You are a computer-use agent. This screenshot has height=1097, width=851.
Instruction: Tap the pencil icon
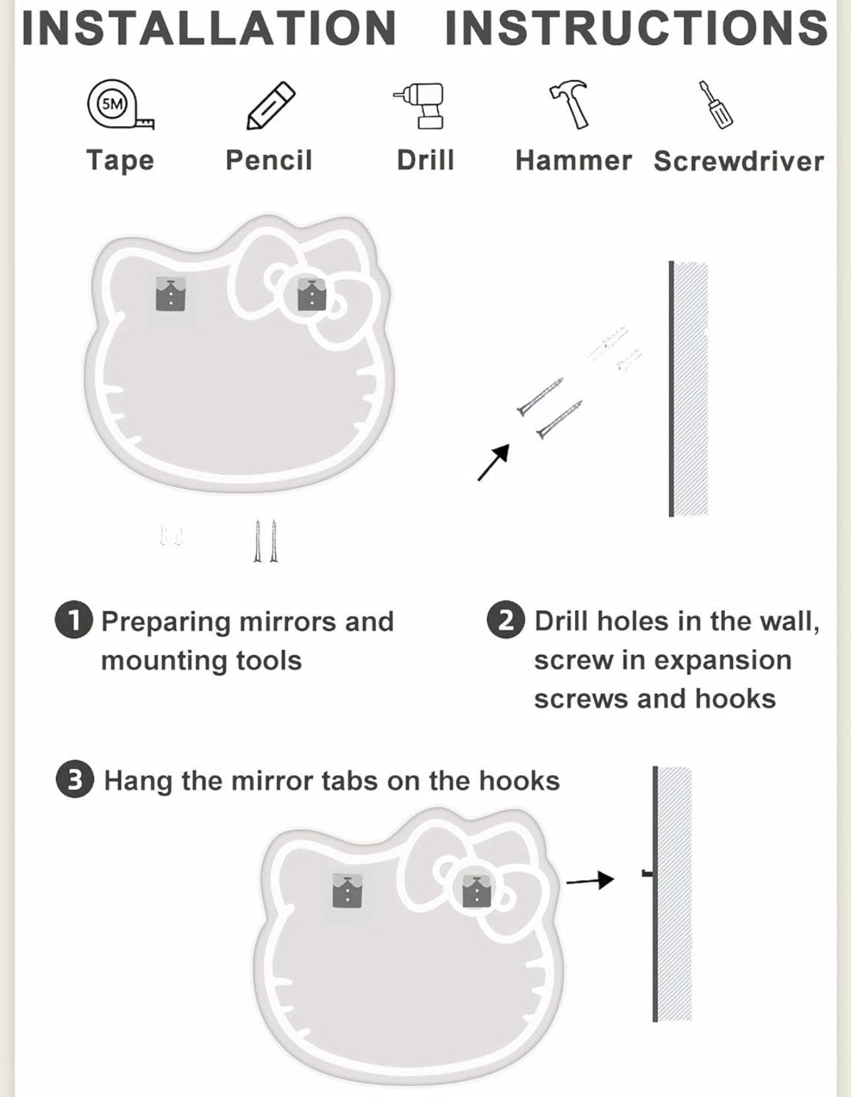click(270, 106)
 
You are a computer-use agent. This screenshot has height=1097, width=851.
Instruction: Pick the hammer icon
click(571, 104)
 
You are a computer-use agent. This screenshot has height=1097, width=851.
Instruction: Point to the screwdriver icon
click(716, 105)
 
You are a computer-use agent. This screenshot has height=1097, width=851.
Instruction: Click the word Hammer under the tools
click(573, 161)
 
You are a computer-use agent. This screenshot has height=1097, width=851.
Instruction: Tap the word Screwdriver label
click(739, 162)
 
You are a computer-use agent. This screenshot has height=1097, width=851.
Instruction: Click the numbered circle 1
click(74, 621)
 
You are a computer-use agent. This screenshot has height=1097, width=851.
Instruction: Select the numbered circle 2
click(506, 621)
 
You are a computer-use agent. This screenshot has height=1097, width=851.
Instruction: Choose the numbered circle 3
click(75, 780)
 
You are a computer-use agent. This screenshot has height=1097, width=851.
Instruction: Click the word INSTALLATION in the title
click(209, 28)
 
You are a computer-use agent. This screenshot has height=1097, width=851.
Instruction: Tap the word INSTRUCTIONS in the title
click(636, 28)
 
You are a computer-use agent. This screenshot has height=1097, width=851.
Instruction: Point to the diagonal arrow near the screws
click(493, 462)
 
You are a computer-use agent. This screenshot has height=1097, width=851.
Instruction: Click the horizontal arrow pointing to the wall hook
click(590, 880)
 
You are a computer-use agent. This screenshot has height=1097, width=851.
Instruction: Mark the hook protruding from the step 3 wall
click(648, 873)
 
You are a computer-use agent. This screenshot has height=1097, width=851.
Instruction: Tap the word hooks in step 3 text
click(519, 781)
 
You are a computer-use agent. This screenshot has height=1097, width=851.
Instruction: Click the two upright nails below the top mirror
click(266, 541)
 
